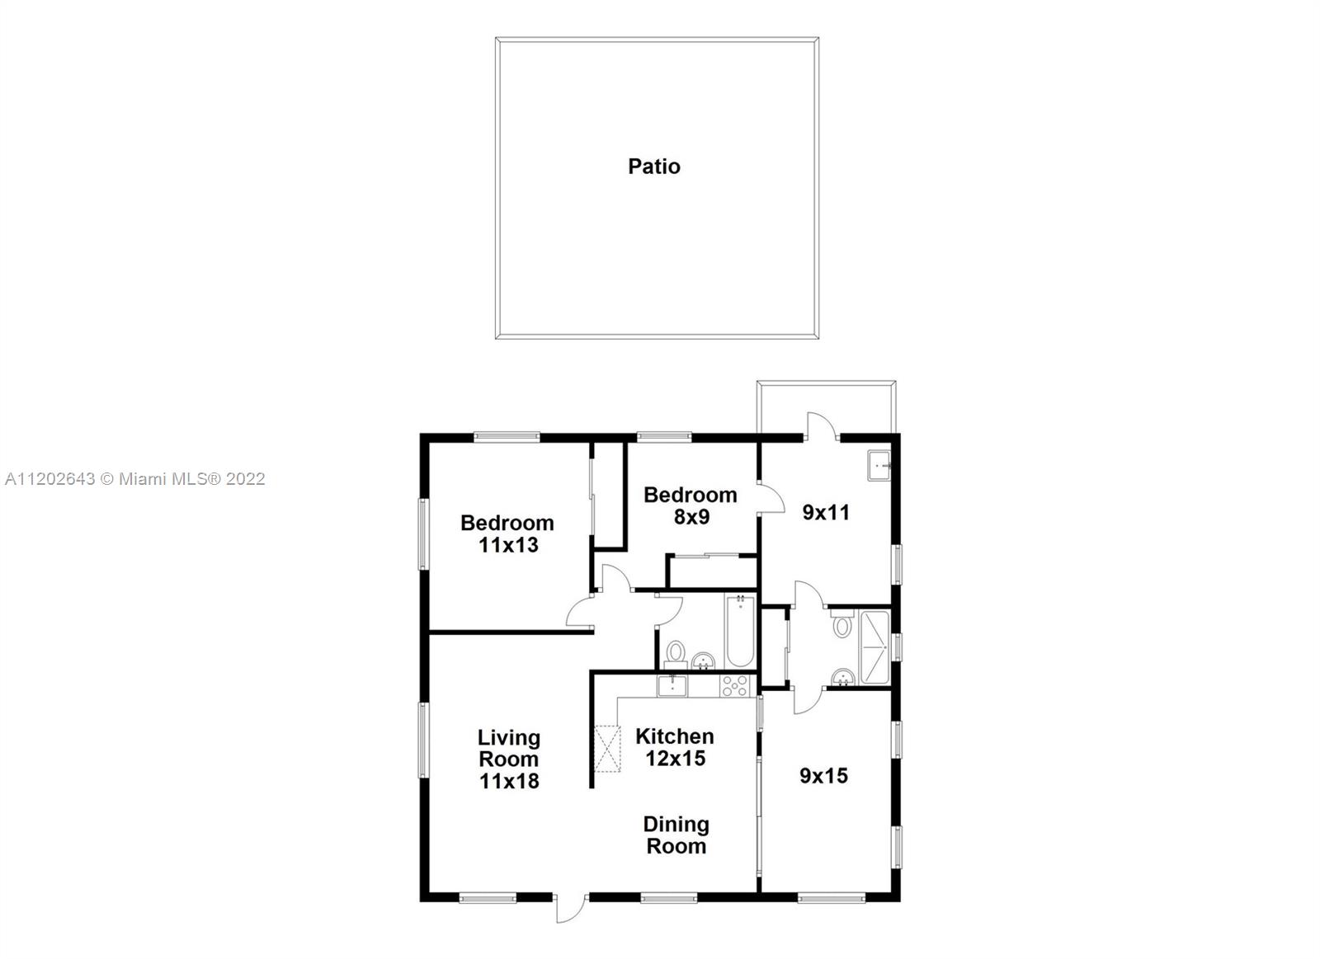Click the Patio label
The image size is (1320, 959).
tap(654, 167)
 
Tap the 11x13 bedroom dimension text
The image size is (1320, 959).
tap(508, 546)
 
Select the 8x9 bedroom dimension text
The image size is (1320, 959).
tap(691, 517)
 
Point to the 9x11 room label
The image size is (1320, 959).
tap(826, 513)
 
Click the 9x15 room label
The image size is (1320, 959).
tap(823, 776)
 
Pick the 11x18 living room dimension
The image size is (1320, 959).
tap(509, 781)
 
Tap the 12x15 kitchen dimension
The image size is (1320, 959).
tap(676, 758)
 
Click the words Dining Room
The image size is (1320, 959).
tap(676, 835)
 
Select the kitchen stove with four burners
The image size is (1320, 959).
tap(734, 686)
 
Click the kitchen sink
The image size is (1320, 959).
tap(672, 686)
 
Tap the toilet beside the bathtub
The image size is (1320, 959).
tap(676, 655)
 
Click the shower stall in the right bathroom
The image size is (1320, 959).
tap(874, 647)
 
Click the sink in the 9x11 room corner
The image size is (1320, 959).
tap(879, 466)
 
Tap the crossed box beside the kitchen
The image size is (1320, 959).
tap(607, 748)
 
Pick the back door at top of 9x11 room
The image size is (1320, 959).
tap(822, 426)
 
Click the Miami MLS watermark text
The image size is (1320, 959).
tap(135, 479)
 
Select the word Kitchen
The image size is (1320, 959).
tap(675, 736)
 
